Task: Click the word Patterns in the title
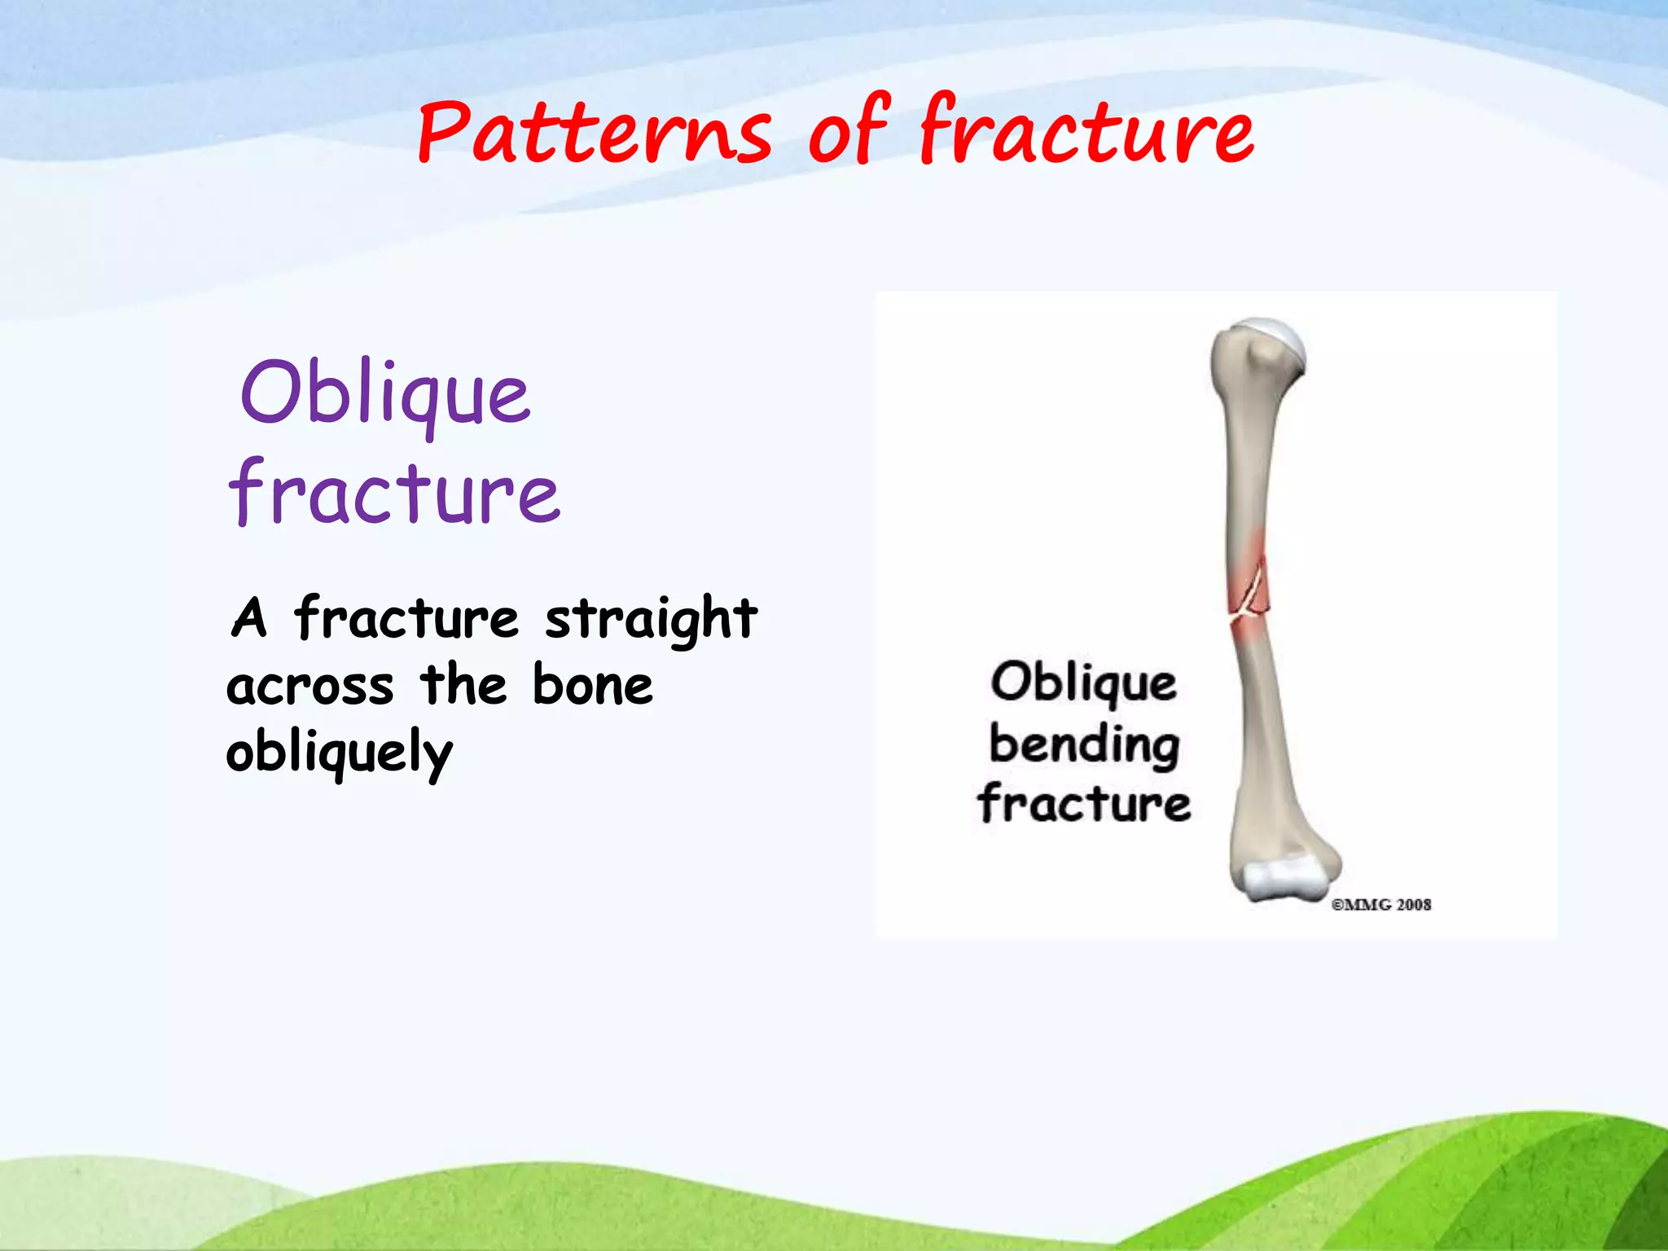point(594,133)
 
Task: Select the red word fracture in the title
point(1086,133)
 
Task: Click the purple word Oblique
point(385,396)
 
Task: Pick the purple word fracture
point(395,494)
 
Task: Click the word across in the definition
point(309,686)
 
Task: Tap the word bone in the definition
point(592,686)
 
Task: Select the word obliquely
point(339,753)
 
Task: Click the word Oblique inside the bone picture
point(1083,683)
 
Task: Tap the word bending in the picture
point(1084,744)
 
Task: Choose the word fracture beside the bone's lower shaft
point(1084,803)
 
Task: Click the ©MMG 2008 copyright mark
point(1380,904)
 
